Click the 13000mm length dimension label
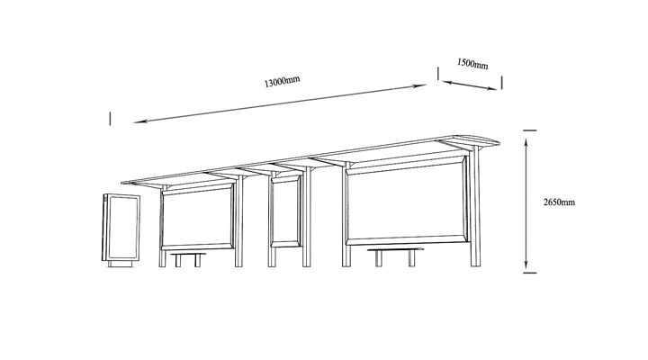(282, 81)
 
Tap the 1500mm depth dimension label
(472, 64)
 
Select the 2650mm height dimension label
(559, 202)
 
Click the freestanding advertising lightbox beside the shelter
(121, 230)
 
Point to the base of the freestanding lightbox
(121, 264)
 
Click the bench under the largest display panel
(395, 256)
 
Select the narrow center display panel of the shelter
(286, 211)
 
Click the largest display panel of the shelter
(408, 200)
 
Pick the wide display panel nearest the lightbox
(197, 218)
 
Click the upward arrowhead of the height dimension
(526, 142)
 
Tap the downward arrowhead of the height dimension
(526, 265)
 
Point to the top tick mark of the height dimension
(529, 130)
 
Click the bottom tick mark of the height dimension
(529, 273)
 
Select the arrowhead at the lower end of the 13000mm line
(139, 121)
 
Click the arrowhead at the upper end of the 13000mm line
(420, 86)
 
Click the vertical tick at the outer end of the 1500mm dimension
(501, 83)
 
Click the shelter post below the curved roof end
(476, 207)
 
